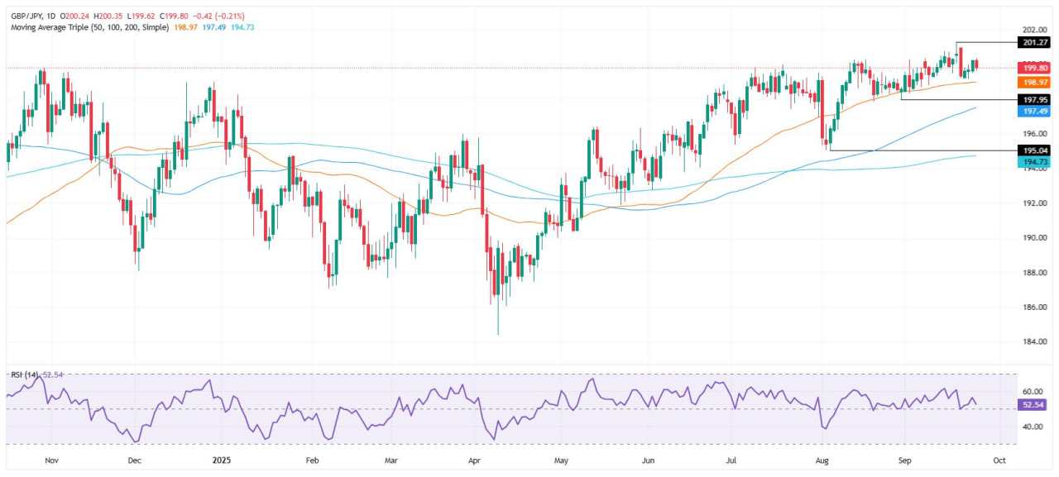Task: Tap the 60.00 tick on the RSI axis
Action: point(1008,391)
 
